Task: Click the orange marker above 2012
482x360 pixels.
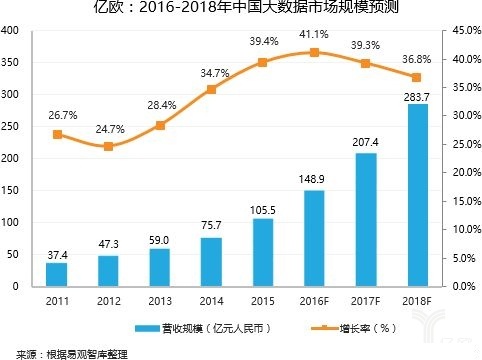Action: [x=109, y=146]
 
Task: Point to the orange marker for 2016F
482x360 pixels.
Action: [x=315, y=52]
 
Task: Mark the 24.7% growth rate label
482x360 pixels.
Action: [x=109, y=129]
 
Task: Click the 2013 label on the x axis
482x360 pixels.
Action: [x=160, y=299]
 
